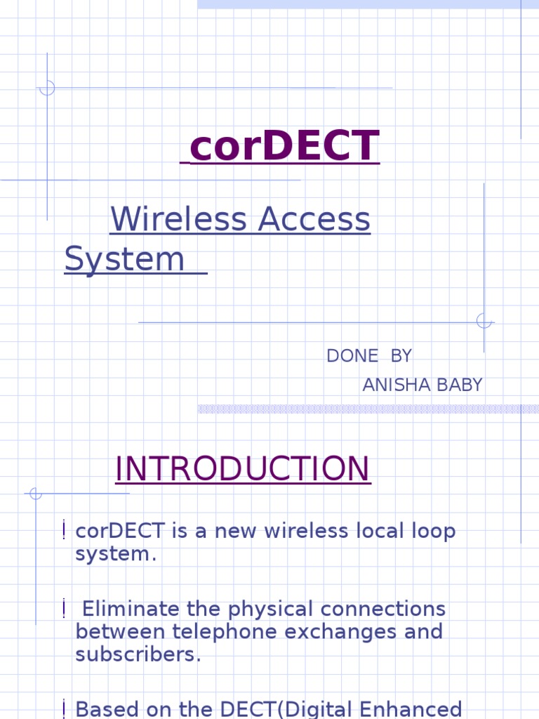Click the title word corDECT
coord(284,146)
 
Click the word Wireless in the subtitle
coord(178,219)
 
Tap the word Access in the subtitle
coord(314,219)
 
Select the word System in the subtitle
coord(124,258)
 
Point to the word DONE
coord(352,356)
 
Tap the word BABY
coord(460,385)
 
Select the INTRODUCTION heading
coord(242,469)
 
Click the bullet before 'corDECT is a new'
coord(64,531)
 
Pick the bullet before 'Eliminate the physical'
coord(64,608)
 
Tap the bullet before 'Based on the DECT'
coord(64,709)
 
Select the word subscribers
coord(138,654)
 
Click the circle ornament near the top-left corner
coord(47,88)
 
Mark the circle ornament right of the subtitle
coord(484,322)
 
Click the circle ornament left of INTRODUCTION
coord(36,494)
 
